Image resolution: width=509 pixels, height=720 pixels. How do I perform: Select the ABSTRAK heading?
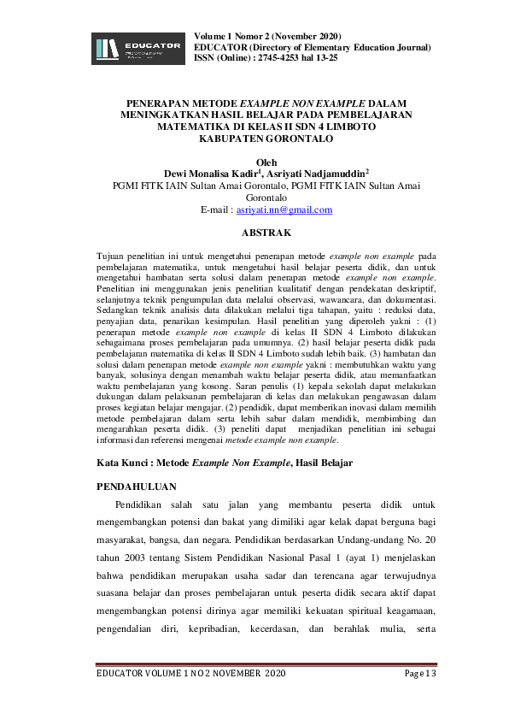point(254,233)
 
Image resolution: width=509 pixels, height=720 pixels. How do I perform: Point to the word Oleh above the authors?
point(254,160)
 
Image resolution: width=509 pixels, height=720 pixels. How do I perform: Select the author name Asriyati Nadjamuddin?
point(303,172)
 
